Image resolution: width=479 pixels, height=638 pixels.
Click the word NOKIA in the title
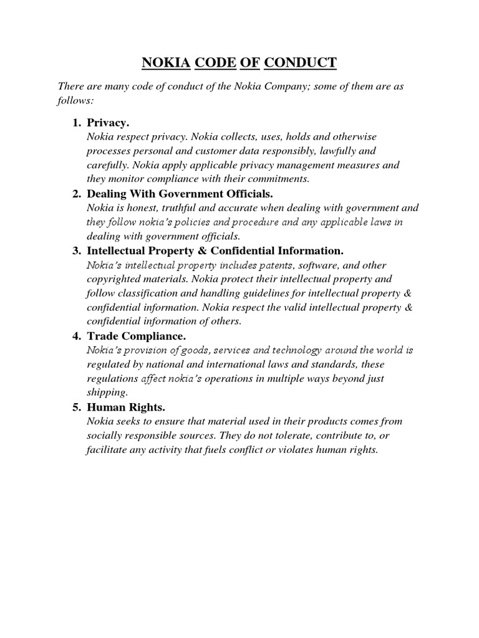[x=167, y=62]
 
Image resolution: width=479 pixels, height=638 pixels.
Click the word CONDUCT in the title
[x=301, y=62]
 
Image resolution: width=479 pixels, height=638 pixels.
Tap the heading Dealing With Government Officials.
[x=180, y=194]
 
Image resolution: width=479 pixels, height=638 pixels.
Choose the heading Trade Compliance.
[x=136, y=336]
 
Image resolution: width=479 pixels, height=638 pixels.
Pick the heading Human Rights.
[x=126, y=407]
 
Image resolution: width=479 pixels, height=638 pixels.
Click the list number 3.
[x=76, y=251]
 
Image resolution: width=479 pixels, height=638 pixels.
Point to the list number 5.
[x=76, y=407]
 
